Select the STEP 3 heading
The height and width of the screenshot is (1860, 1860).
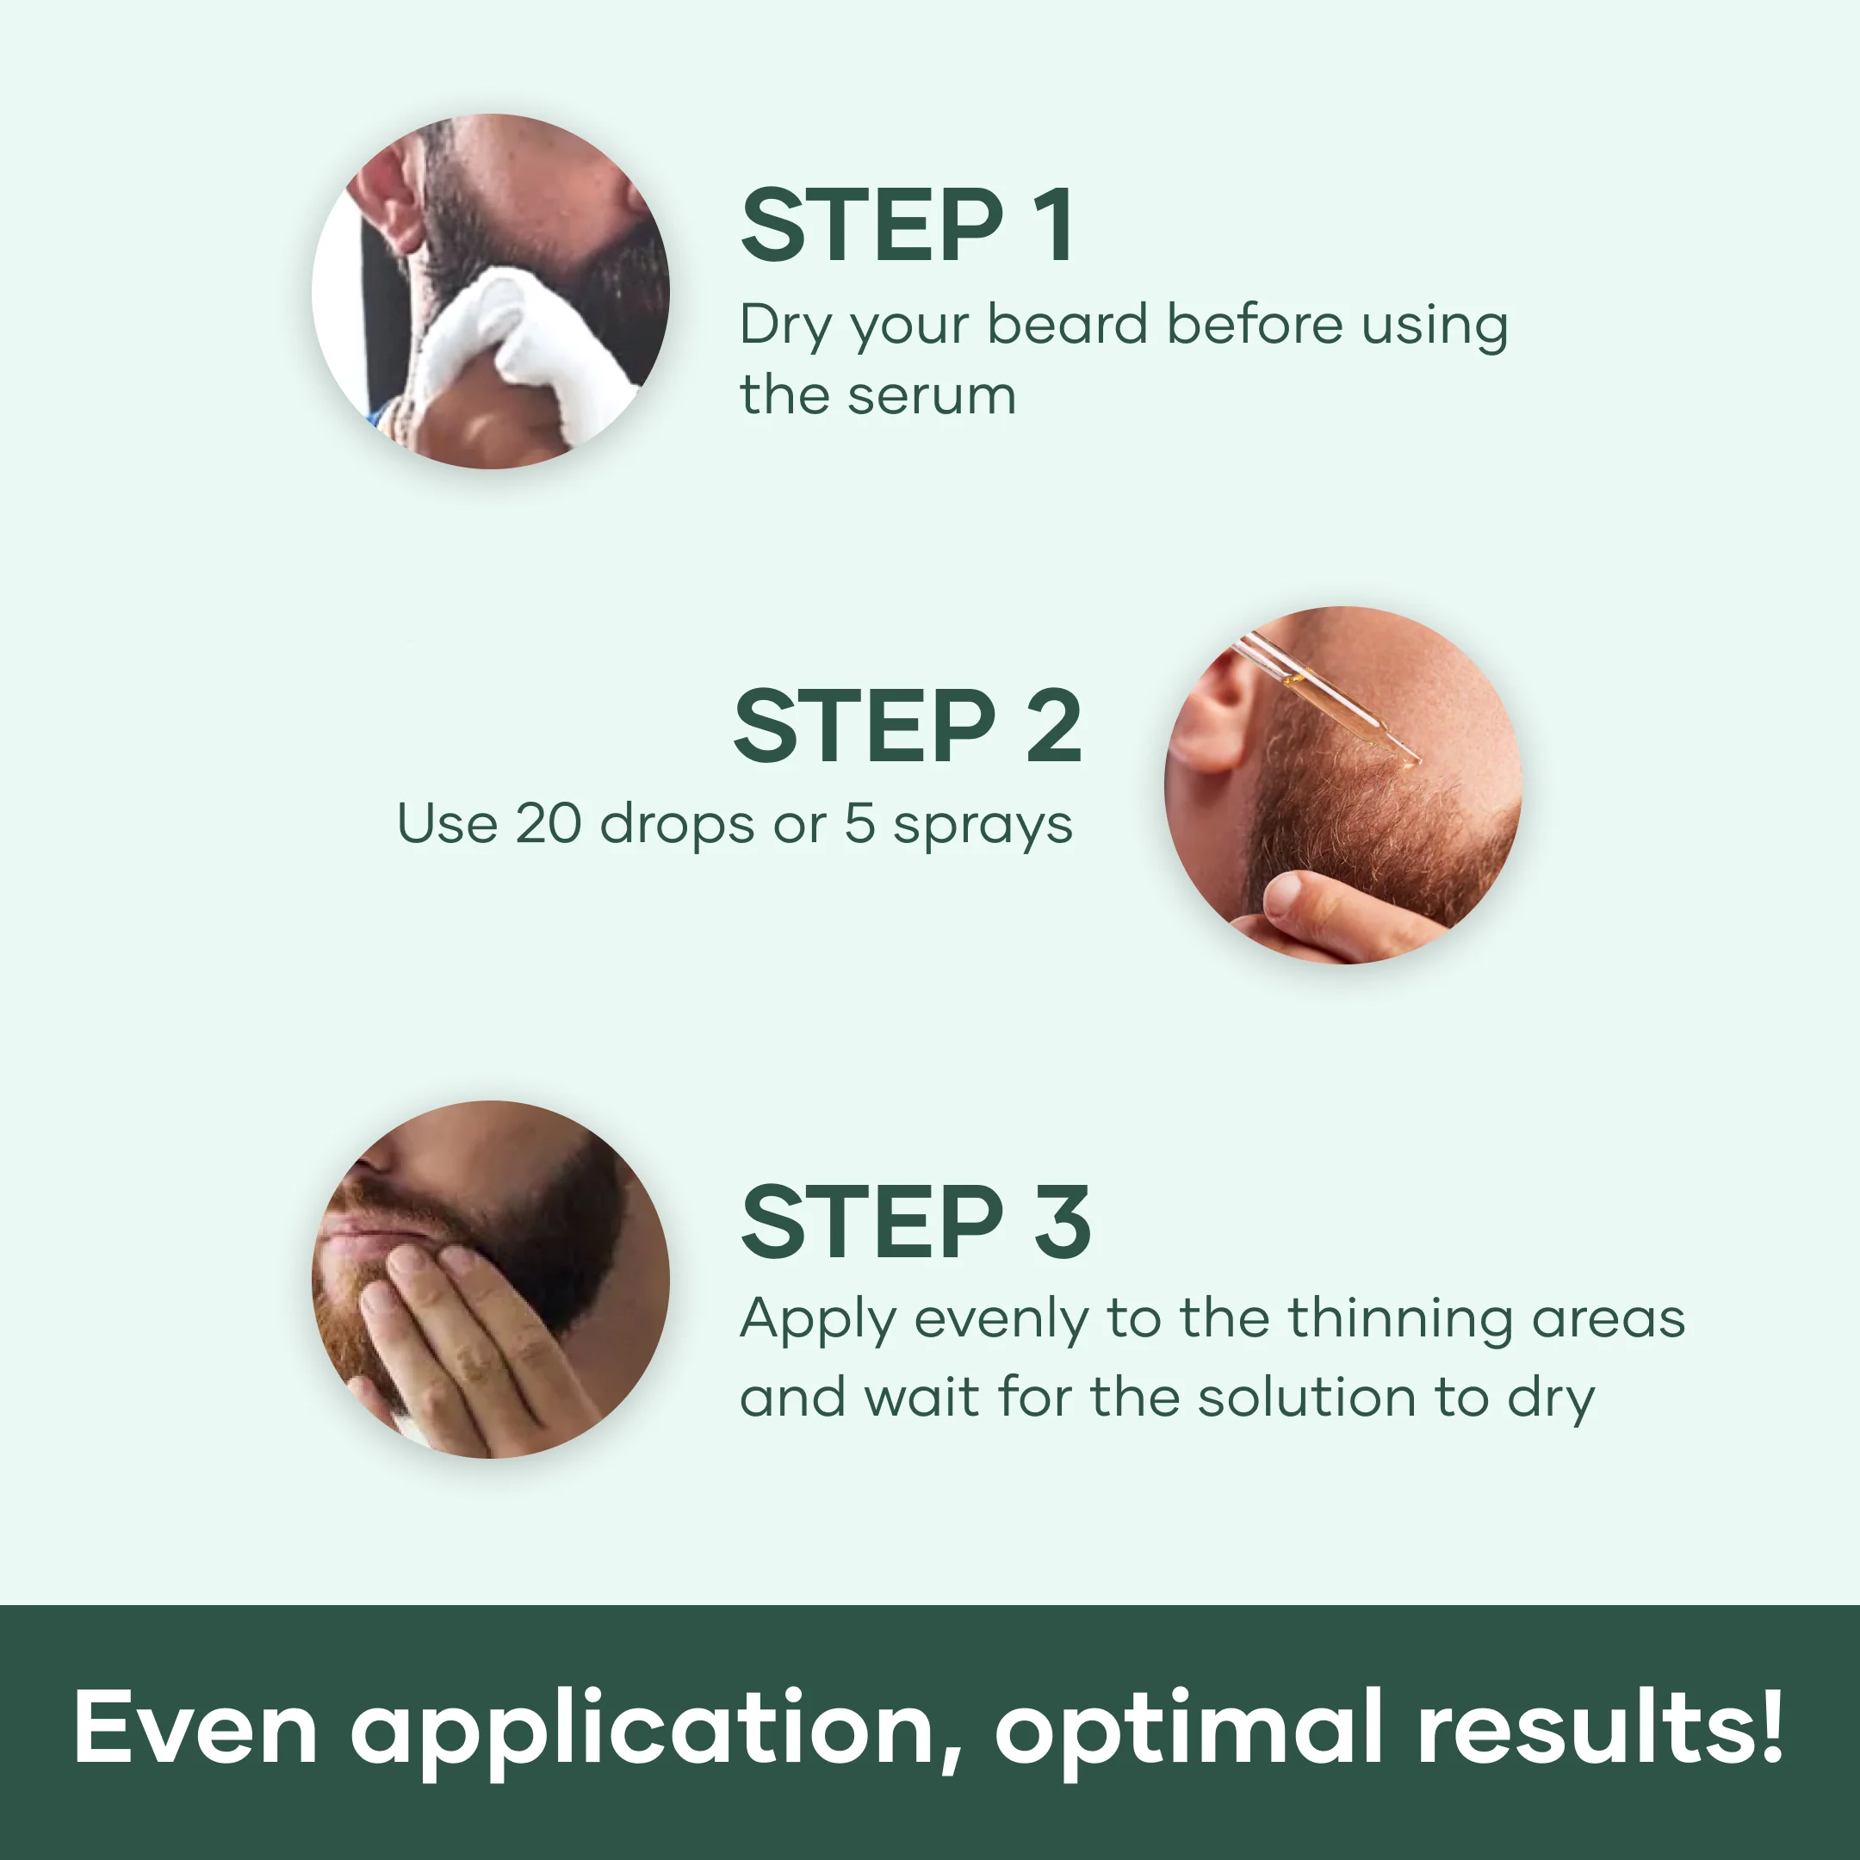coord(914,1223)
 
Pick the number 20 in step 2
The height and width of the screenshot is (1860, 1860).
coord(549,824)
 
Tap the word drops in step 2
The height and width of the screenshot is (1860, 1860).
coord(677,826)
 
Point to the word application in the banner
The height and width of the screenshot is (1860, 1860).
coord(645,1729)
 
